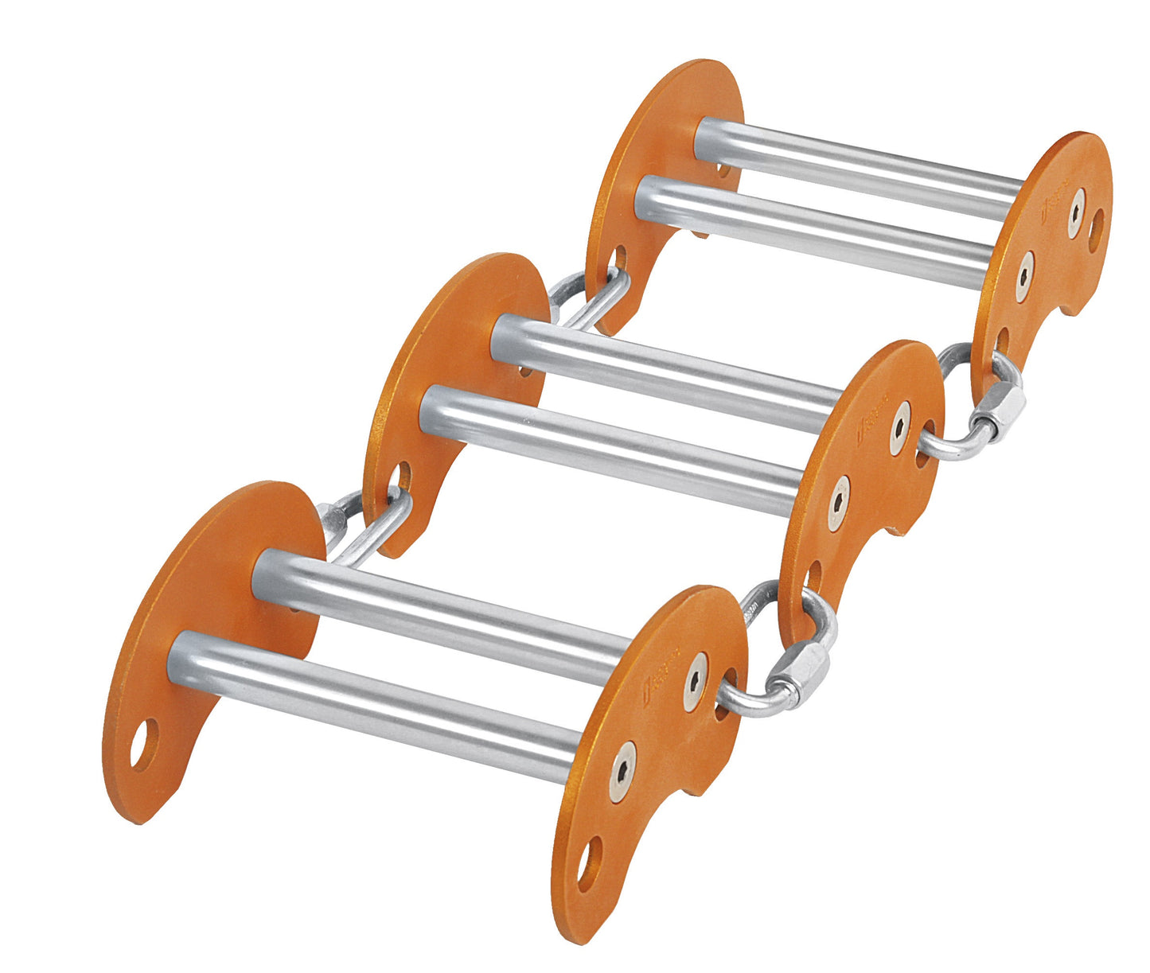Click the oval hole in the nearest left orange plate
[x=144, y=744]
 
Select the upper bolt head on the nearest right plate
[x=696, y=682]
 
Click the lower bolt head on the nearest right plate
[x=622, y=771]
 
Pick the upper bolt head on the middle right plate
[x=900, y=428]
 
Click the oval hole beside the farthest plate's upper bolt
[x=1097, y=227]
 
